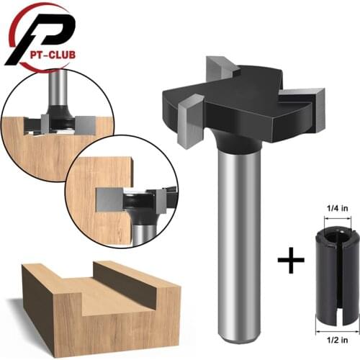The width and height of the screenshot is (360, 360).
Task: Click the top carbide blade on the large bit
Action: [x=220, y=68]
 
